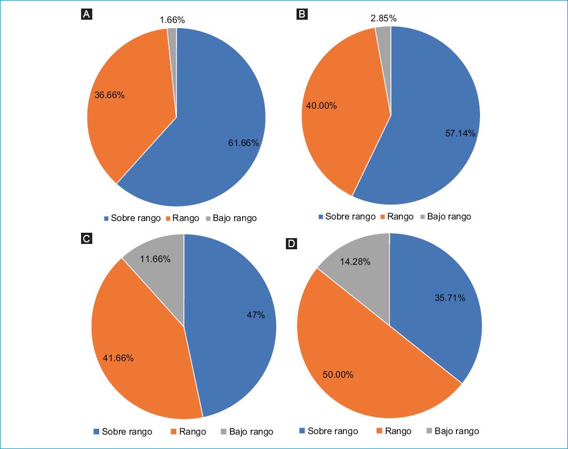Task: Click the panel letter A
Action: click(86, 14)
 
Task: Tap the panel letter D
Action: click(291, 244)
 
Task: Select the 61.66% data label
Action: click(243, 143)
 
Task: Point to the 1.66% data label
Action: click(172, 20)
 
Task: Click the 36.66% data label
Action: click(109, 95)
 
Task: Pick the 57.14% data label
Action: click(460, 133)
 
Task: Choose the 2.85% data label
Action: click(383, 18)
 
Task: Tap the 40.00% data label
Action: click(321, 105)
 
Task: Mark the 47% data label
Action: click(255, 315)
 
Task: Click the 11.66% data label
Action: click(155, 259)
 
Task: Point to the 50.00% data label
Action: click(338, 374)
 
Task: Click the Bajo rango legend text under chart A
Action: click(235, 218)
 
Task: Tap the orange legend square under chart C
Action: click(174, 431)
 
